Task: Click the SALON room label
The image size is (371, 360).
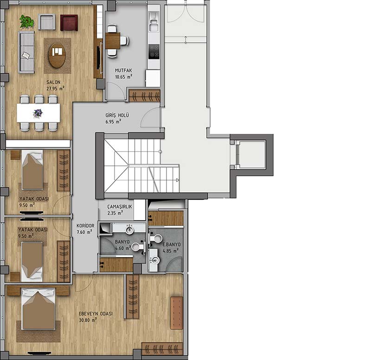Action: click(x=53, y=82)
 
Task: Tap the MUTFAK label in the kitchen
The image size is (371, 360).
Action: click(x=123, y=70)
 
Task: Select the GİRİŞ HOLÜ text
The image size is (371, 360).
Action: click(x=117, y=115)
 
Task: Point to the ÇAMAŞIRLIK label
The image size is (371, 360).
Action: click(x=120, y=207)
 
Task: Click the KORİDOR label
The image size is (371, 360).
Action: click(x=85, y=226)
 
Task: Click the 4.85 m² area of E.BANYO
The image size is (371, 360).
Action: click(x=171, y=251)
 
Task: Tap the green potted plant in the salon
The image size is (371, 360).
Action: click(x=26, y=21)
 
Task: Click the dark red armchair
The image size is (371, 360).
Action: click(x=69, y=23)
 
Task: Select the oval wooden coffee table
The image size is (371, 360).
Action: click(x=57, y=56)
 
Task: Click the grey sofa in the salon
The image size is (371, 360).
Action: click(x=26, y=52)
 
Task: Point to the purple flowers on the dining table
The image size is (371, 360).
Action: click(x=38, y=113)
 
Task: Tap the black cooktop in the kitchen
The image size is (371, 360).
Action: click(x=154, y=52)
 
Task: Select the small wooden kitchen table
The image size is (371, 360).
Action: click(x=113, y=41)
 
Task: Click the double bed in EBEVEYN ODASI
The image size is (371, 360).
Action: click(x=38, y=309)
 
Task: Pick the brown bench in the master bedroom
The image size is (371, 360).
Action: click(x=177, y=313)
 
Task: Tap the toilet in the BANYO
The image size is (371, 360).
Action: click(x=138, y=246)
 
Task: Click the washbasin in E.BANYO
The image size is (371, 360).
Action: click(x=155, y=260)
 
